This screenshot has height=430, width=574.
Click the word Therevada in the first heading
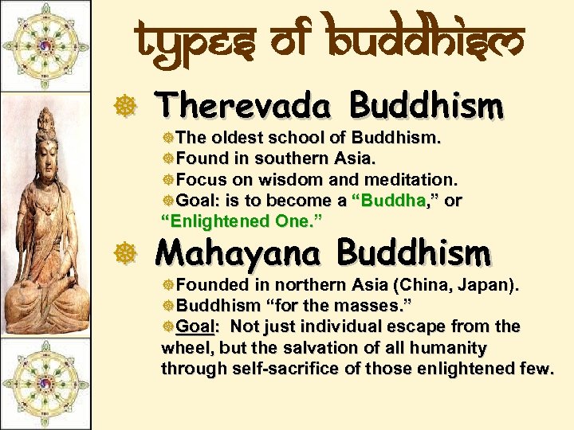[244, 105]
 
